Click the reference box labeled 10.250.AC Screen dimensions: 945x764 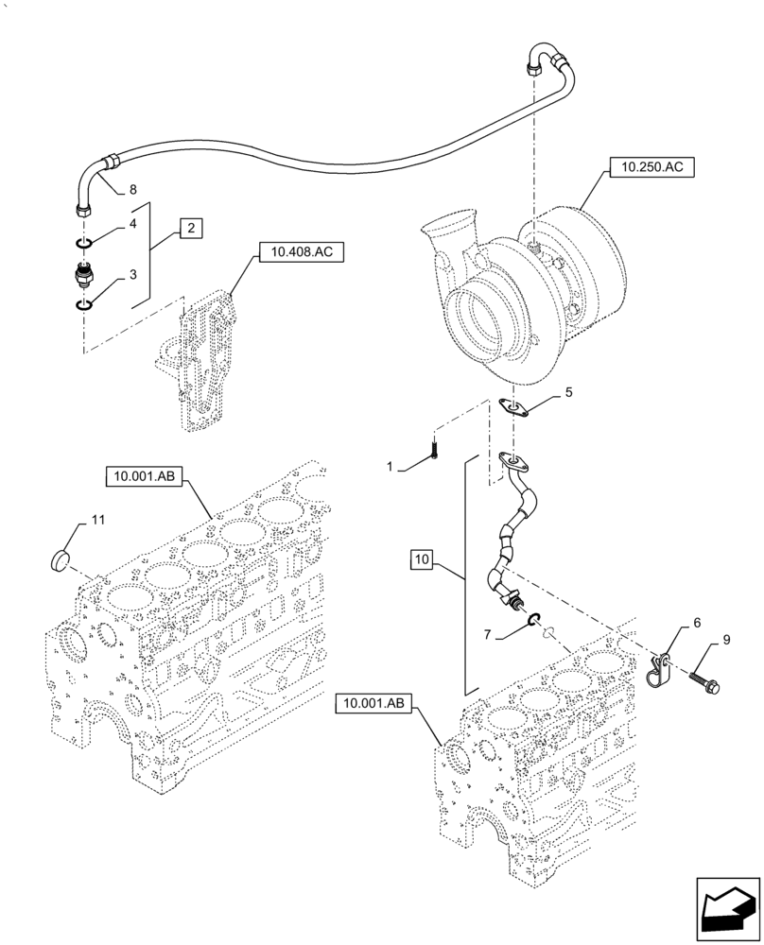pos(652,168)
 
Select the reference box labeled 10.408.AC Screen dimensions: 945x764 pos(300,253)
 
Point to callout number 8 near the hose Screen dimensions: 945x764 pos(132,188)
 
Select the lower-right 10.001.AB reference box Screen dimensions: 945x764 pos(372,703)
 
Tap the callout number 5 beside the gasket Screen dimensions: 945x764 pos(567,390)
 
